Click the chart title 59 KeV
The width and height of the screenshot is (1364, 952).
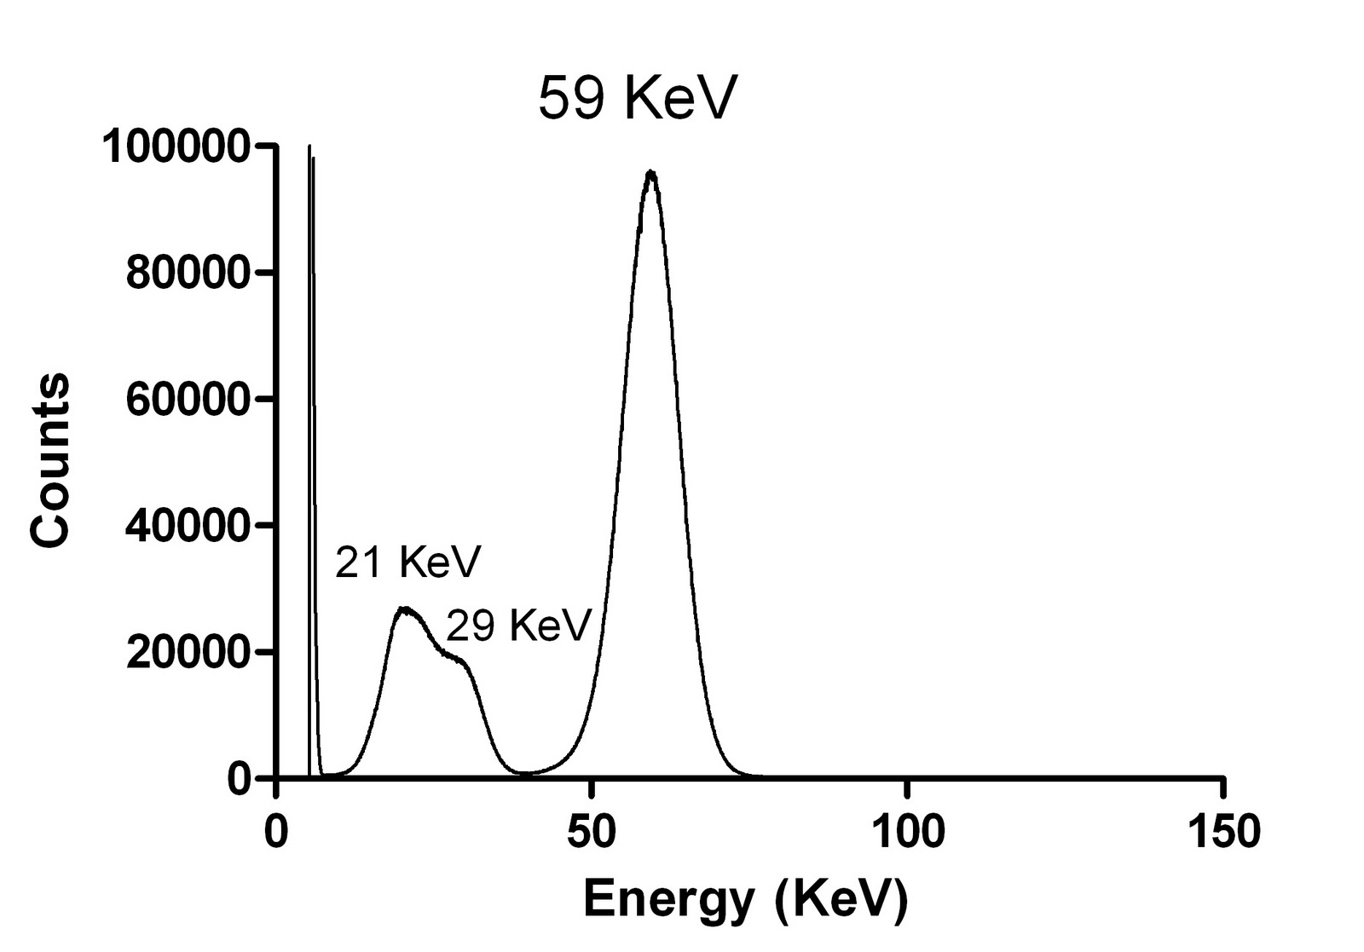(636, 100)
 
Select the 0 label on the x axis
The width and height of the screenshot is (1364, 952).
(275, 831)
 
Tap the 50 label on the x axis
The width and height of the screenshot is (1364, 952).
(590, 831)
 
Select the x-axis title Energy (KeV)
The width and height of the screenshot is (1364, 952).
(745, 899)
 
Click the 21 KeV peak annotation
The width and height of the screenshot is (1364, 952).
(408, 562)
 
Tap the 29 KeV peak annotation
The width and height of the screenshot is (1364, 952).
(518, 626)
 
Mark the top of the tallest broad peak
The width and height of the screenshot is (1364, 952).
(651, 173)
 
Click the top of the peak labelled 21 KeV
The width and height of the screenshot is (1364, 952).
(407, 609)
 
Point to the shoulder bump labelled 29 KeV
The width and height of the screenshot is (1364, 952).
(459, 659)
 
